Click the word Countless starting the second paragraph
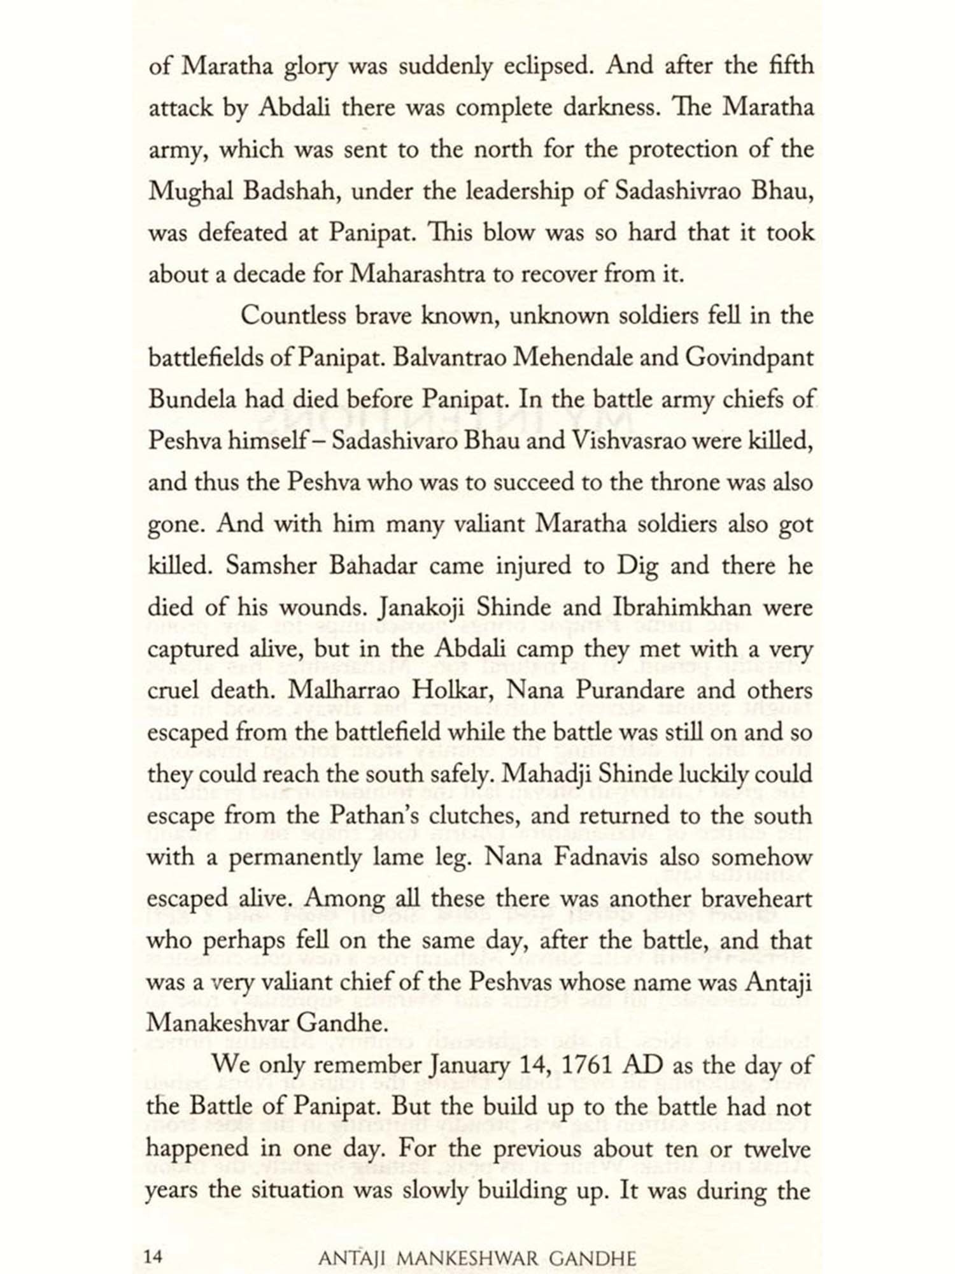(292, 317)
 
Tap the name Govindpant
(749, 358)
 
